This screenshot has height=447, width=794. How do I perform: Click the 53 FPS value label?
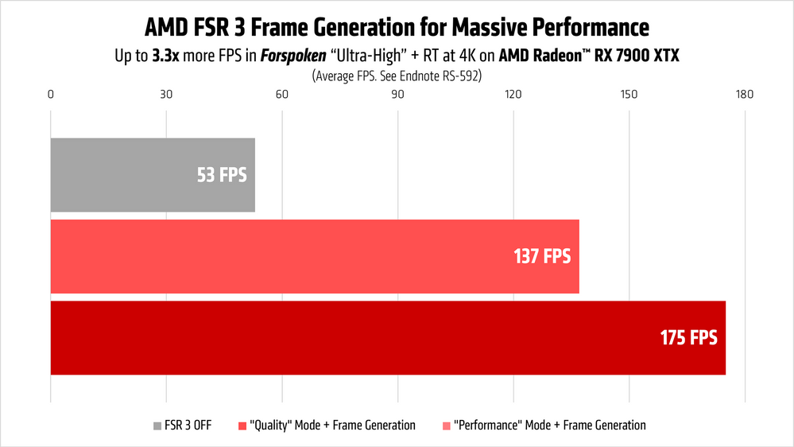click(x=222, y=175)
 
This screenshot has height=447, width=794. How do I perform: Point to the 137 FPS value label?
click(x=542, y=256)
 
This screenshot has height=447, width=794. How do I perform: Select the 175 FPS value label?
click(x=688, y=337)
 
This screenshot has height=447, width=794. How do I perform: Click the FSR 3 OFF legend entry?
click(x=182, y=426)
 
